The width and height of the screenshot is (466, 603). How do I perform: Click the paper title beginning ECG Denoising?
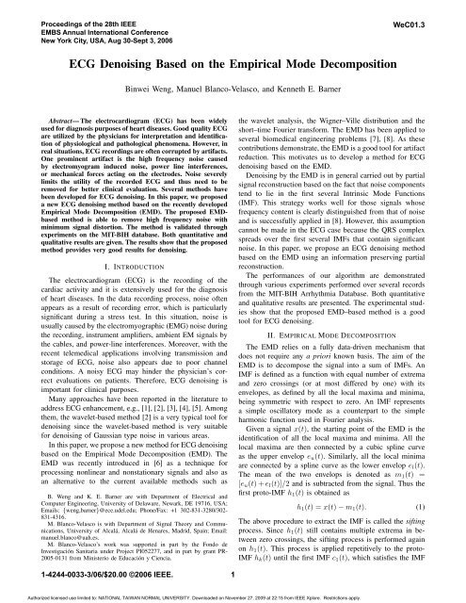233,59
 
